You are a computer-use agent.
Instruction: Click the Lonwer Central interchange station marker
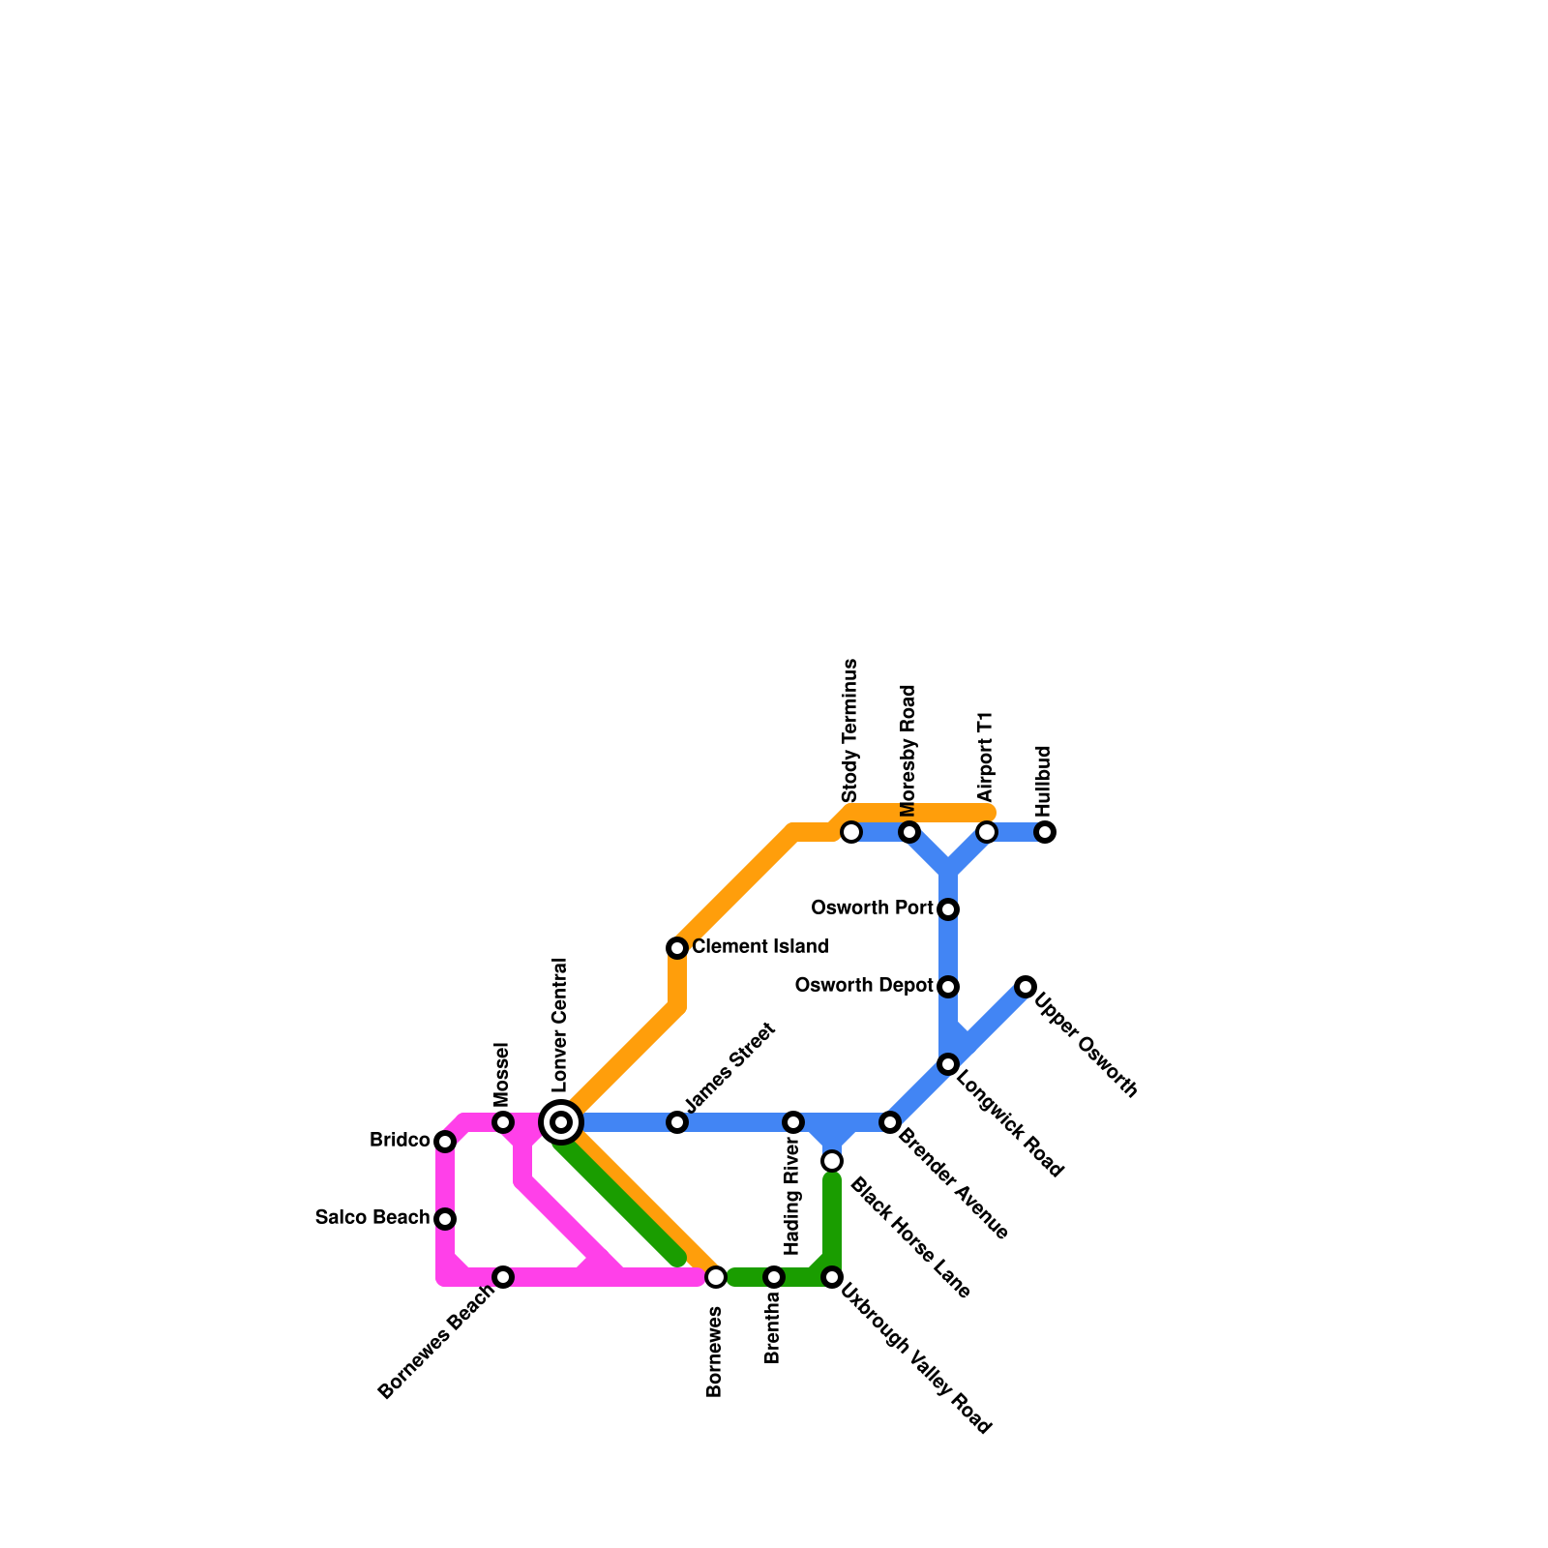coord(561,1122)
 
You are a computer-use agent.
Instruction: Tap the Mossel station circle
coord(503,1122)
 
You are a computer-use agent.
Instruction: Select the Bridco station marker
coord(445,1142)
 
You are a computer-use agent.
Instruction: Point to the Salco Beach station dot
coord(445,1219)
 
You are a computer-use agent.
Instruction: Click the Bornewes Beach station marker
coord(503,1277)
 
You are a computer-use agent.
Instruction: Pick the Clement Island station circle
coord(677,948)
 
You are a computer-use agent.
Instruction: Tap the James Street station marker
coord(677,1122)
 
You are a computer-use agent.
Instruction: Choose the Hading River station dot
coord(793,1122)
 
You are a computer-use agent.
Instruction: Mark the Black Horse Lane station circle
coord(832,1161)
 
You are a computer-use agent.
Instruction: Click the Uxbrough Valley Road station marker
coord(832,1277)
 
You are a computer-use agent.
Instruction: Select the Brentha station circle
coord(774,1277)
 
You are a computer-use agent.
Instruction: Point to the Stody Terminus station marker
coord(851,832)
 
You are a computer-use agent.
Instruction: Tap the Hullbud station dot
coord(1045,832)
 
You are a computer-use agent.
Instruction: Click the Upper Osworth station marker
coord(1026,987)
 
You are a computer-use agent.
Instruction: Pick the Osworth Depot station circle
coord(948,987)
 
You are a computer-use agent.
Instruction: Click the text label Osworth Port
coord(872,908)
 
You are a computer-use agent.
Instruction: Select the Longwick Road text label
coord(1009,1123)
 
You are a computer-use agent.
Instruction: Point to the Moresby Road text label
coord(908,751)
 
